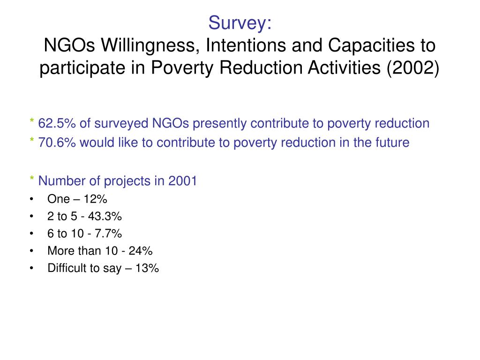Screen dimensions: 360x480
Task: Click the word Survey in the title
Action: click(x=237, y=22)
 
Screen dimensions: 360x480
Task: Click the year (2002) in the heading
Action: click(x=413, y=68)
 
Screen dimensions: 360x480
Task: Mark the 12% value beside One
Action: click(x=96, y=199)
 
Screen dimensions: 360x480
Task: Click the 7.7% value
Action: click(x=111, y=233)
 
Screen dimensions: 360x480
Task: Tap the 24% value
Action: click(x=142, y=251)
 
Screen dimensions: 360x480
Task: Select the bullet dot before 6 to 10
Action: click(x=31, y=234)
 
